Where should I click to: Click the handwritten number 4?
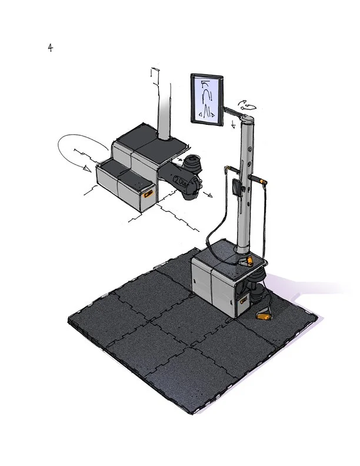pos(50,47)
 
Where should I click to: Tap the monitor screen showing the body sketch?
pos(206,99)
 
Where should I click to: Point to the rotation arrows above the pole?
pos(247,105)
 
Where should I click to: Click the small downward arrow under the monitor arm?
pos(234,124)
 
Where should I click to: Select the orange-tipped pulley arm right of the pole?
pos(258,179)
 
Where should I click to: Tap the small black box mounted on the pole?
pos(236,188)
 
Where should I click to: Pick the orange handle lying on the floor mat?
pos(264,315)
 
